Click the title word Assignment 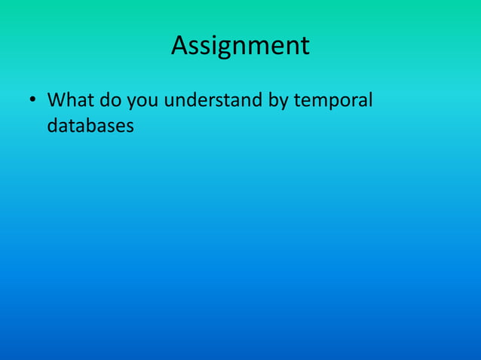point(240,46)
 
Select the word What point(66,100)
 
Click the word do point(101,100)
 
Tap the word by point(274,101)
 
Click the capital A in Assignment point(180,46)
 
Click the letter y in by point(280,103)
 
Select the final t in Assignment point(305,47)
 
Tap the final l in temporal point(370,99)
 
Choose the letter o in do point(106,102)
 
